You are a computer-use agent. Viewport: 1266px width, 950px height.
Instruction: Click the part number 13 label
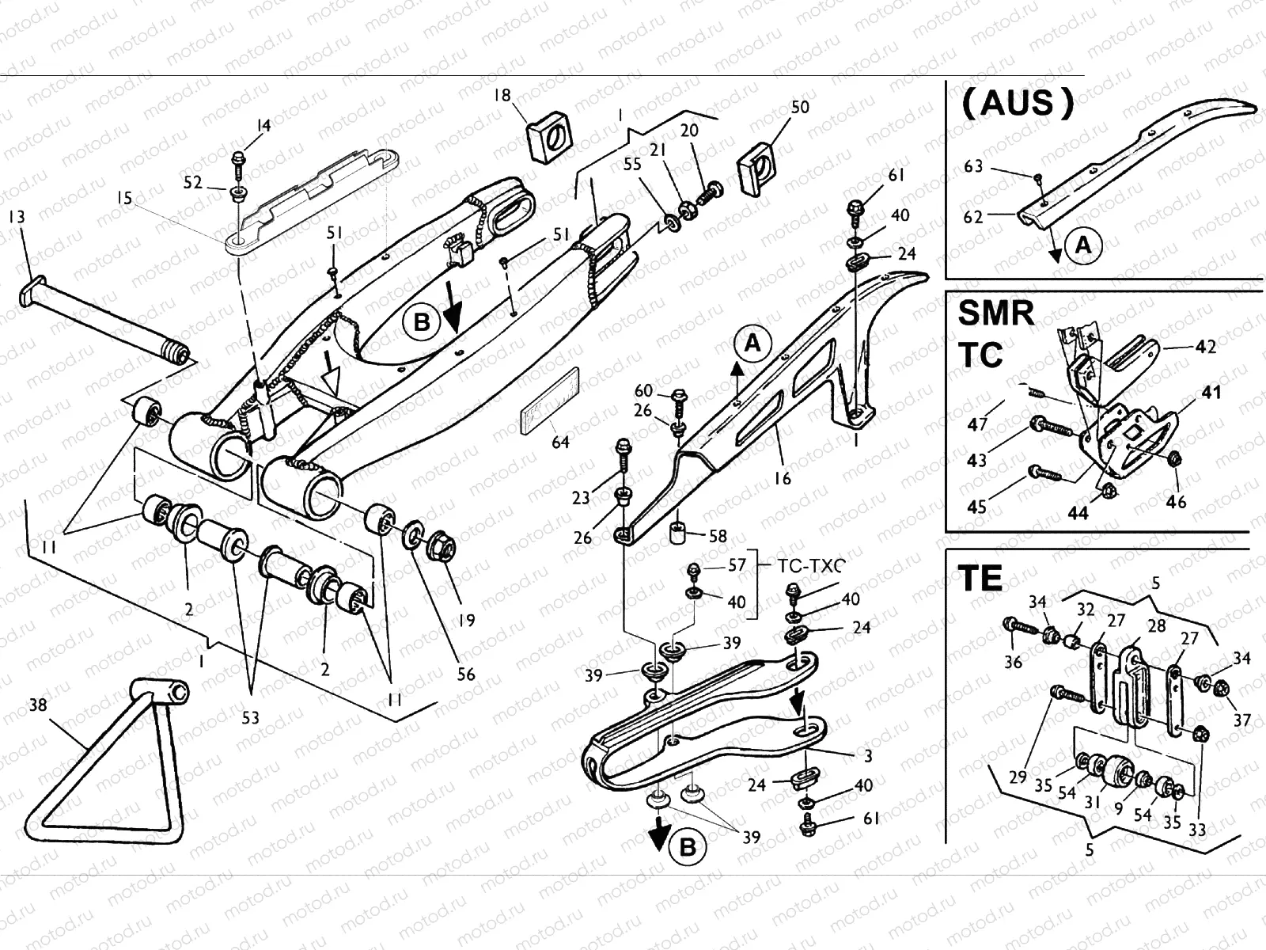pyautogui.click(x=16, y=217)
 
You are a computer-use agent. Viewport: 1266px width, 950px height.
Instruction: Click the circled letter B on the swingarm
pyautogui.click(x=421, y=322)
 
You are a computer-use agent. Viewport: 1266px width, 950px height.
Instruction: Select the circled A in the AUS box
pyautogui.click(x=1082, y=246)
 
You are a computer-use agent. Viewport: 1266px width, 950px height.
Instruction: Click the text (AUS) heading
pyautogui.click(x=1018, y=103)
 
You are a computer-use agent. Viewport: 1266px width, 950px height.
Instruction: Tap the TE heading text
pyautogui.click(x=981, y=579)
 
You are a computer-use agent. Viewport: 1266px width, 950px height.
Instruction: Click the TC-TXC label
pyautogui.click(x=807, y=565)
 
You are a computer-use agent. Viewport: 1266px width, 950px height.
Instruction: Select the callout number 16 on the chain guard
pyautogui.click(x=783, y=479)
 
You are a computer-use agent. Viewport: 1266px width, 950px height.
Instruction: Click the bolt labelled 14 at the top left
pyautogui.click(x=238, y=163)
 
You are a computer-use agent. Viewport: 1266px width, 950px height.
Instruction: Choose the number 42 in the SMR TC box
pyautogui.click(x=1205, y=347)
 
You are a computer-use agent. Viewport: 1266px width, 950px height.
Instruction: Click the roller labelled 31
pyautogui.click(x=1116, y=769)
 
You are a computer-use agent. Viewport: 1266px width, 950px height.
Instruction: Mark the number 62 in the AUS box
pyautogui.click(x=973, y=216)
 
